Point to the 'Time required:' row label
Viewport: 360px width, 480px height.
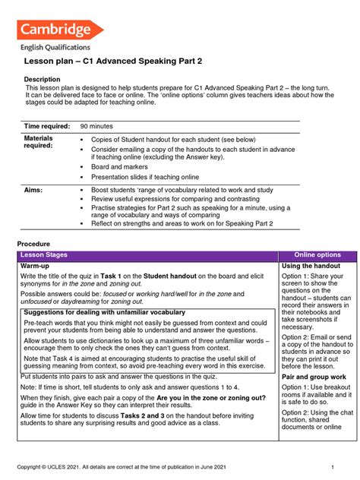47,125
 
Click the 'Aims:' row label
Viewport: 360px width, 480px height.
33,188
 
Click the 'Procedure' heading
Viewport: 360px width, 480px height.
33,243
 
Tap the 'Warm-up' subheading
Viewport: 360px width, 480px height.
36,266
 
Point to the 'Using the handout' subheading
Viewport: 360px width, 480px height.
311,266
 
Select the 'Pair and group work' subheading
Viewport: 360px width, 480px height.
314,377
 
